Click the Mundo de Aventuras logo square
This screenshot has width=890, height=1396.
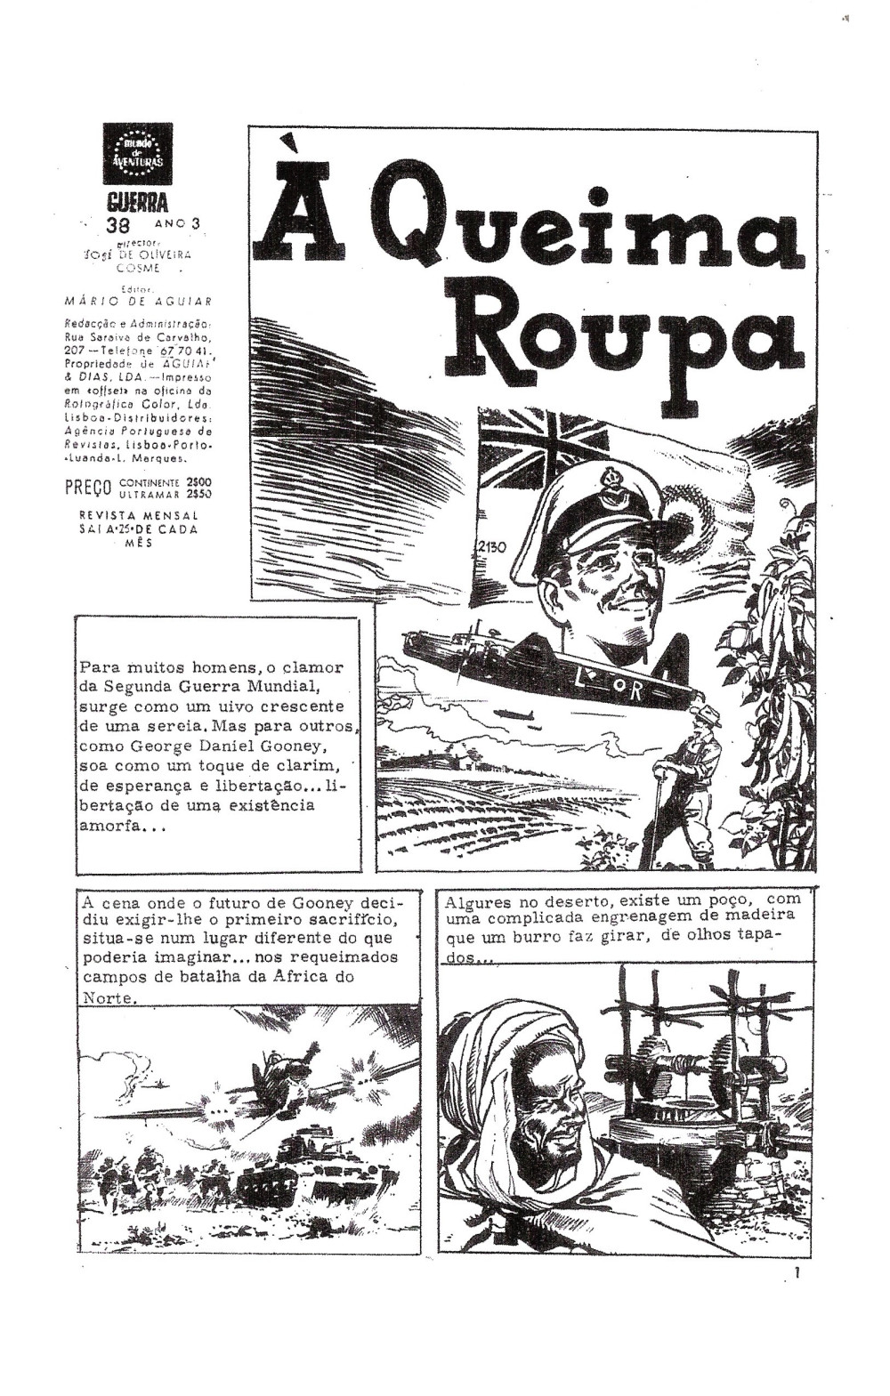click(137, 153)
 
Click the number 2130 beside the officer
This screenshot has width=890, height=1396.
click(490, 546)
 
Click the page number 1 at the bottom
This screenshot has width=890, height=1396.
click(798, 1273)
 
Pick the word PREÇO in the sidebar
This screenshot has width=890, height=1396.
click(87, 488)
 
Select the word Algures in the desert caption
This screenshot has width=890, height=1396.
click(476, 900)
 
